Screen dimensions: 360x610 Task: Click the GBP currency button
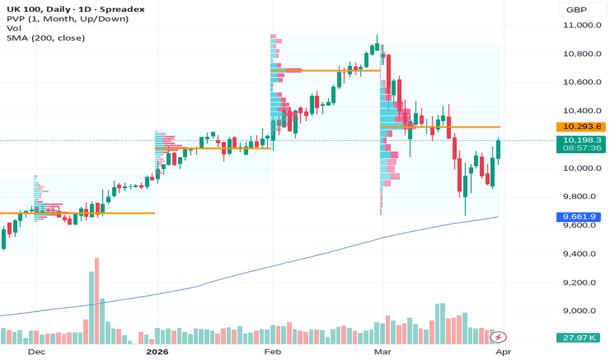tap(576, 10)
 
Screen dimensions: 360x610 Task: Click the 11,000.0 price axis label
tap(582, 25)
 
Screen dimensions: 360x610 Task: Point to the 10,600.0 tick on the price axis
tap(582, 82)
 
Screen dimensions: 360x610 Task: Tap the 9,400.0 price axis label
tap(582, 254)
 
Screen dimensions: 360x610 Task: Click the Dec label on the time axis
tap(37, 351)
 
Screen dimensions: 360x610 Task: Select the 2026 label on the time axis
tap(158, 351)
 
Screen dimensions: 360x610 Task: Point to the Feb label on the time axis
tap(272, 351)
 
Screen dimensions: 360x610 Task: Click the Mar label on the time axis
tap(381, 351)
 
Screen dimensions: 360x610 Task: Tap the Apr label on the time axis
tap(501, 351)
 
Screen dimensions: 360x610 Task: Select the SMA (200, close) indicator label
tap(46, 38)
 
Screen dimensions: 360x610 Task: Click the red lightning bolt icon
tap(499, 337)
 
